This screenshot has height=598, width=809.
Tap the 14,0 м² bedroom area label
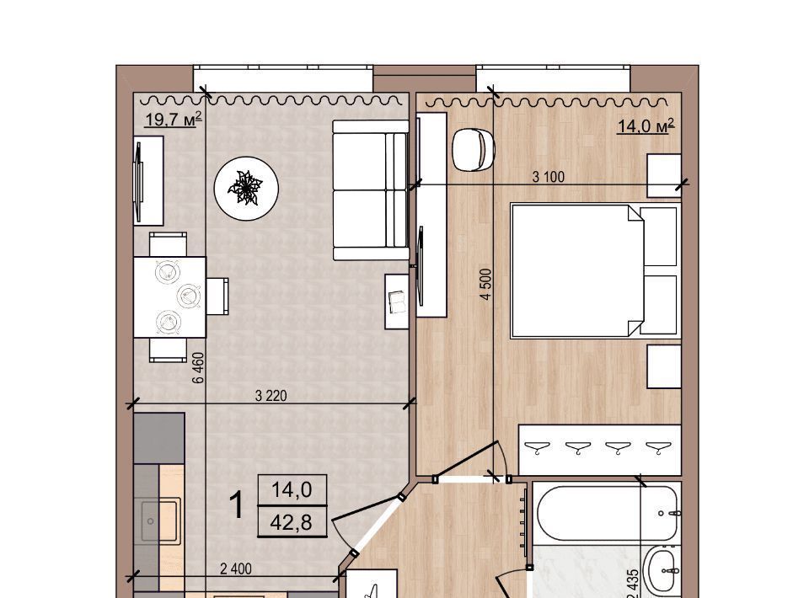click(x=646, y=125)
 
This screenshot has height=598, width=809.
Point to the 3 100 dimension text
click(x=548, y=177)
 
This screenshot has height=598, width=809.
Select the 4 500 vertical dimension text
click(x=485, y=284)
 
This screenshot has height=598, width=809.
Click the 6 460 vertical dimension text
click(x=199, y=368)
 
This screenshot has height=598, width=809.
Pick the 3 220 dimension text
click(x=271, y=396)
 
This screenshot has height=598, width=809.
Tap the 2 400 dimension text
click(x=236, y=569)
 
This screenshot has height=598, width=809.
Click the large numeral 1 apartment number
click(x=237, y=505)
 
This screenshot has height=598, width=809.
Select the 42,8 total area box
click(x=292, y=521)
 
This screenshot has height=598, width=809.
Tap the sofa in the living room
click(x=371, y=190)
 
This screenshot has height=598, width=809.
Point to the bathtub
click(x=606, y=513)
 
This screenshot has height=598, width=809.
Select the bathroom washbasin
click(x=664, y=570)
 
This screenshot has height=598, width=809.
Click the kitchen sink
click(x=161, y=521)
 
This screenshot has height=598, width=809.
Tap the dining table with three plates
click(x=169, y=297)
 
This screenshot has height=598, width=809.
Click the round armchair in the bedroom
click(x=473, y=150)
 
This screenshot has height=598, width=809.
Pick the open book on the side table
click(x=398, y=302)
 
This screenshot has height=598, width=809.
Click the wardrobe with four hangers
click(x=599, y=450)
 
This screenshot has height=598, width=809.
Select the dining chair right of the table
click(x=217, y=296)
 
